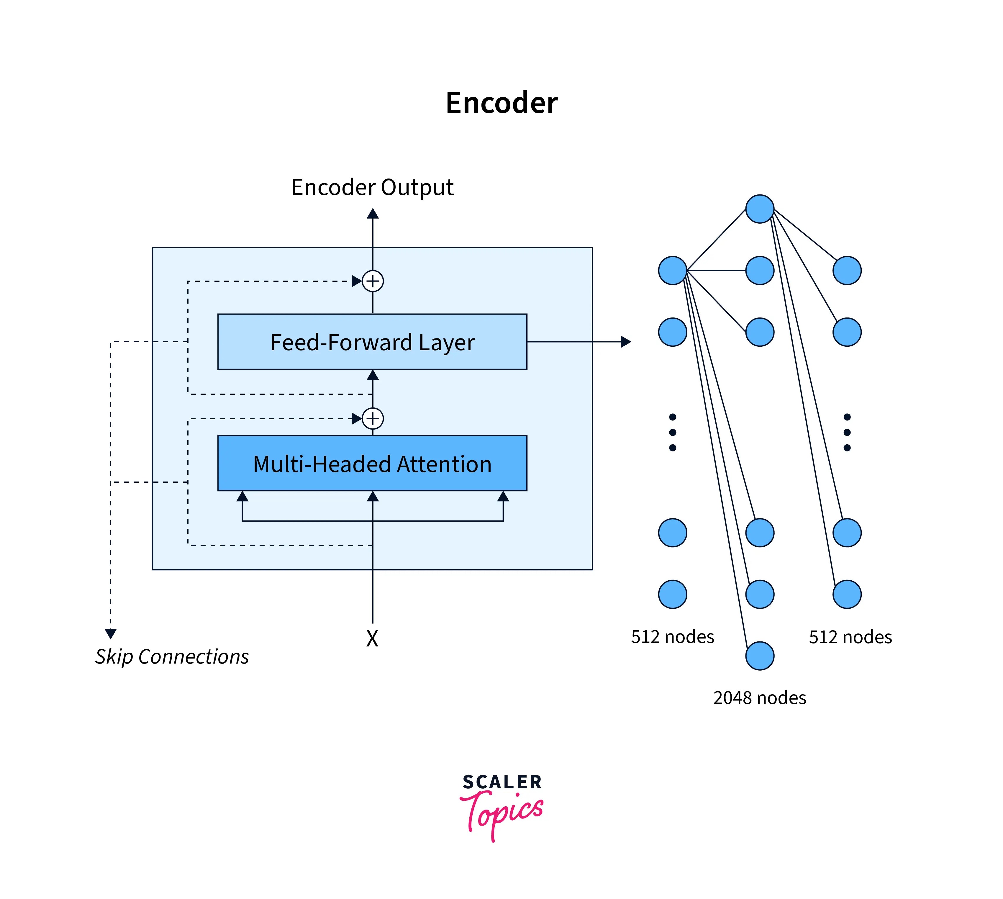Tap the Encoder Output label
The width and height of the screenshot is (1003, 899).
click(x=372, y=187)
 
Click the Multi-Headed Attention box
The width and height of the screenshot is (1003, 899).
click(x=372, y=463)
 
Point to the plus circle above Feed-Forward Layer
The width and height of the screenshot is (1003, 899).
click(x=372, y=281)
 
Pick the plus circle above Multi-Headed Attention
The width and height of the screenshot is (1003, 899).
click(x=372, y=418)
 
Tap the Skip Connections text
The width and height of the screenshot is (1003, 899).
click(x=172, y=656)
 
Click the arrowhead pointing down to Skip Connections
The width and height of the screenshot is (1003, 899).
click(x=111, y=633)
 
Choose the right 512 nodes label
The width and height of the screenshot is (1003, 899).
click(x=850, y=637)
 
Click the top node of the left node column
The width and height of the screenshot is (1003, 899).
click(x=672, y=270)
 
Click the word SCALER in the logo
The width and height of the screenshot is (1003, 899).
click(x=502, y=782)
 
